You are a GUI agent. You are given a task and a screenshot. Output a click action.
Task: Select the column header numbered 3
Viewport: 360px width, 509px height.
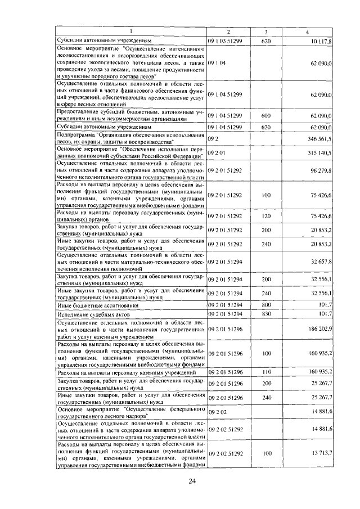265,32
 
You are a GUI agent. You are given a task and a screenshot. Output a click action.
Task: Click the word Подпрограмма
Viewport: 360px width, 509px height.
76,135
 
